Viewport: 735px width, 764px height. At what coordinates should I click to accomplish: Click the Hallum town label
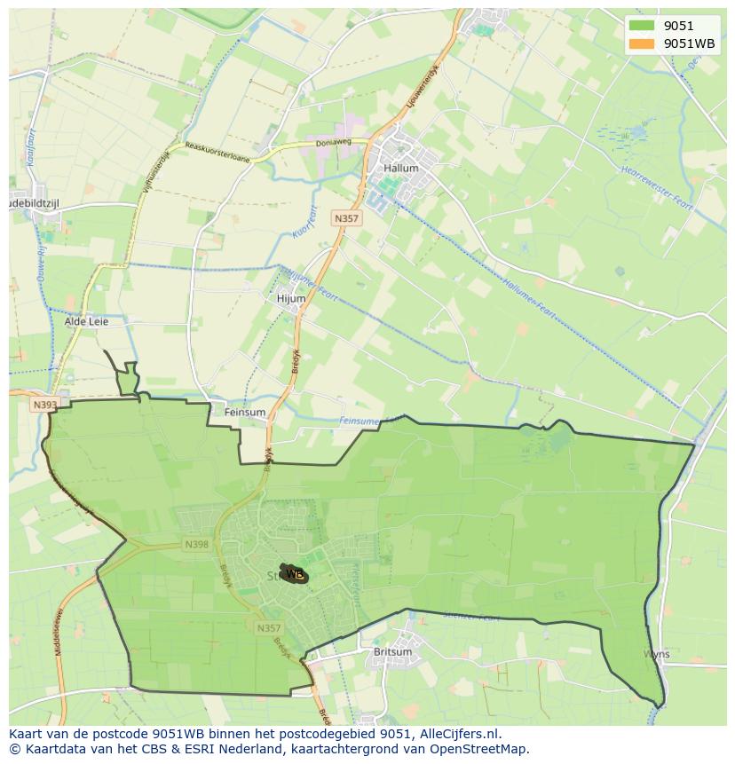coord(401,168)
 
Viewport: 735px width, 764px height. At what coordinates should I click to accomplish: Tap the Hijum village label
coord(291,299)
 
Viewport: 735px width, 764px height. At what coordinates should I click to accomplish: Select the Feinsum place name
coord(245,413)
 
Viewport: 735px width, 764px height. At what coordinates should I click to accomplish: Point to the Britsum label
coord(393,652)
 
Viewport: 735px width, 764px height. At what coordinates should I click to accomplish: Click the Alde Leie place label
coord(86,321)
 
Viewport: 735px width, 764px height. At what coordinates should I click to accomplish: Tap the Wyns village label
coord(657,654)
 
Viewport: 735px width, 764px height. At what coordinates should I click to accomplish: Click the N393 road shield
coord(44,405)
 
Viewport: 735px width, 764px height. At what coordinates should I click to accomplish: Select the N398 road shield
coord(196,544)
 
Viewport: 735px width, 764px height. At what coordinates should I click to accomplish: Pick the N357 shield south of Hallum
coord(346,218)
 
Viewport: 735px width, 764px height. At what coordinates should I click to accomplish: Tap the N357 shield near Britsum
coord(268,628)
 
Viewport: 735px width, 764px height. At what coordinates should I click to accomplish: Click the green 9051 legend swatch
coord(642,26)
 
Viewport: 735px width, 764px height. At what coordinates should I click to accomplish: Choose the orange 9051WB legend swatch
coord(642,43)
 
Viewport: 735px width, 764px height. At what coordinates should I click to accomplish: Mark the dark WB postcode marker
coord(294,574)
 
